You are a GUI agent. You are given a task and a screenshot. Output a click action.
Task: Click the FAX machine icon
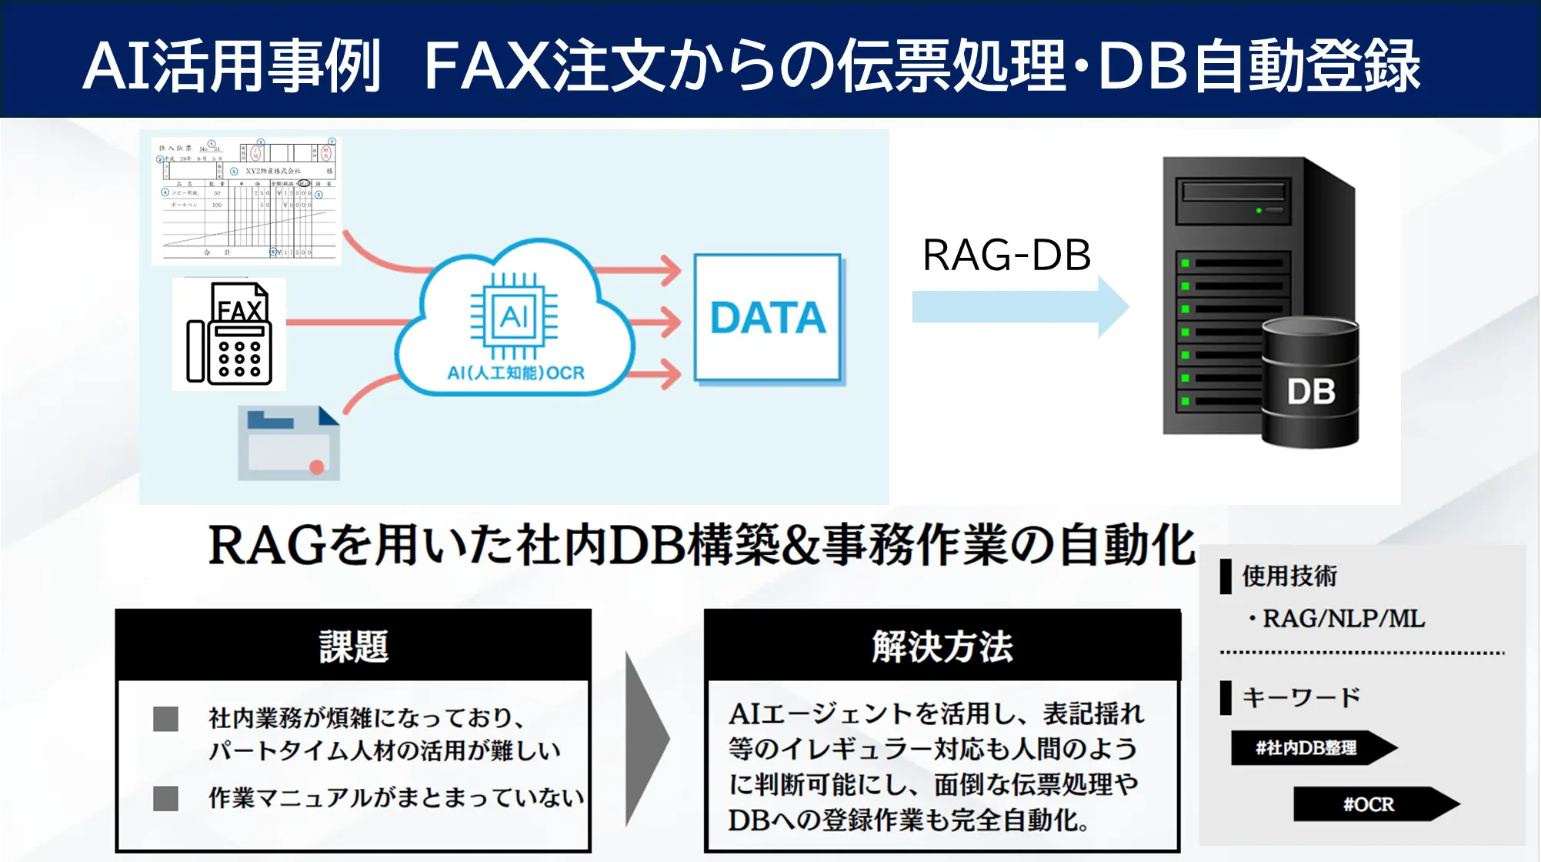pos(229,335)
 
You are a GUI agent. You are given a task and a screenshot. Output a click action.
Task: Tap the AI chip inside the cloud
pos(514,316)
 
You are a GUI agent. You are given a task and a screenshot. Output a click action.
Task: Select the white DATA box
pos(767,318)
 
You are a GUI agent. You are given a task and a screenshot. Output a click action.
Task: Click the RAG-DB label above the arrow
pos(1006,256)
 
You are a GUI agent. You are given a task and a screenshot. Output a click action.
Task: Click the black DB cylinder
pos(1310,385)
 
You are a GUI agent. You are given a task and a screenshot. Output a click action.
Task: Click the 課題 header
pos(353,646)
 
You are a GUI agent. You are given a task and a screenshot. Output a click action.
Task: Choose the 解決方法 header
pos(942,646)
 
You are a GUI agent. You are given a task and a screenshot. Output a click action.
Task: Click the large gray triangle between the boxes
pos(646,739)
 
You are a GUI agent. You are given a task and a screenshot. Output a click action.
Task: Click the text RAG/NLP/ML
pos(1343,618)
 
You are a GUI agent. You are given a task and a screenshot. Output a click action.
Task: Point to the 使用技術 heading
pos(1289,576)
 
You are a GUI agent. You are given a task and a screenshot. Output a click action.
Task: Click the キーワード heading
pos(1301,697)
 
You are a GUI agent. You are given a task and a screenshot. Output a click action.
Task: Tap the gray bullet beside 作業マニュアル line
pos(165,798)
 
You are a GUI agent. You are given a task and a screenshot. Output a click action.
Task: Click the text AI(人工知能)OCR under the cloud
pos(515,373)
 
